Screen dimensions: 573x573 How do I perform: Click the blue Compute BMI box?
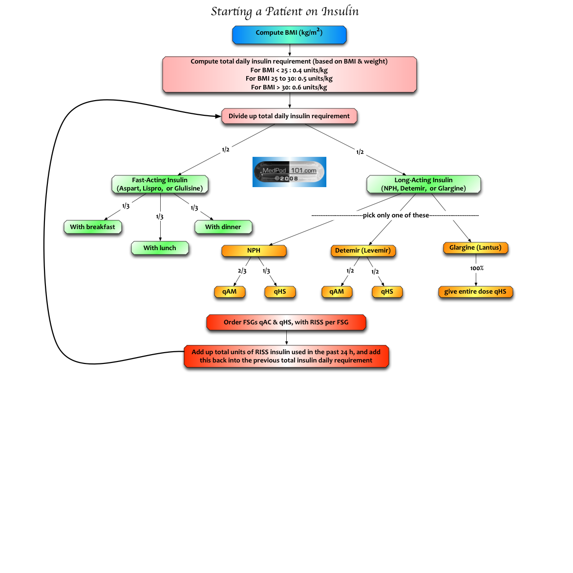click(289, 35)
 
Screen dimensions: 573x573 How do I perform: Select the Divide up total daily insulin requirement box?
click(289, 116)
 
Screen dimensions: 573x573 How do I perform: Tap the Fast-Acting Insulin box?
click(160, 184)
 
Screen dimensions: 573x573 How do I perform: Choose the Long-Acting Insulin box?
click(424, 184)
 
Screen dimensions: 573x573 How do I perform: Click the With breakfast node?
click(92, 227)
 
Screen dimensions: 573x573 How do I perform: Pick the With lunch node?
click(160, 248)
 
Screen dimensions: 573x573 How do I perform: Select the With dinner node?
click(223, 227)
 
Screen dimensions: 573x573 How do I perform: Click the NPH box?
click(254, 251)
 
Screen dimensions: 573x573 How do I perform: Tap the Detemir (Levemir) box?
click(363, 251)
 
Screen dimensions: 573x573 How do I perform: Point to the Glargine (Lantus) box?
click(475, 248)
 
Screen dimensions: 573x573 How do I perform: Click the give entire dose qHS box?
click(475, 292)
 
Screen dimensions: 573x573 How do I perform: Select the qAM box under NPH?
click(230, 292)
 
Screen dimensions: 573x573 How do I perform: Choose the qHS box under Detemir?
click(387, 292)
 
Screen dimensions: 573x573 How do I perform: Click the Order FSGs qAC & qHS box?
click(286, 322)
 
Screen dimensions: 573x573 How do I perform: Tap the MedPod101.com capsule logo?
click(289, 172)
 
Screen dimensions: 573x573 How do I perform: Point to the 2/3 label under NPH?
click(242, 271)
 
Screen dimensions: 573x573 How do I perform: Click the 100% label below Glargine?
click(477, 268)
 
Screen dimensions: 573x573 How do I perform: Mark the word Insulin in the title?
click(340, 11)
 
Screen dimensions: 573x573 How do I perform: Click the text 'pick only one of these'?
click(396, 215)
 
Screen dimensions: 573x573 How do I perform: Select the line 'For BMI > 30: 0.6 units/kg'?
click(289, 87)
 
